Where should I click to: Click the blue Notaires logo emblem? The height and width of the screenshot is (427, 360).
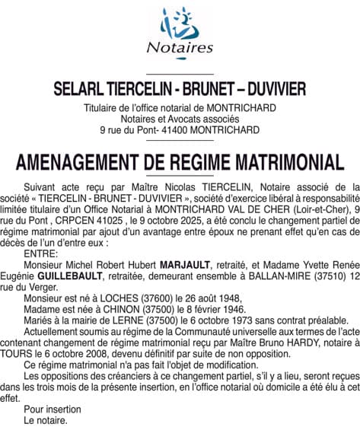pos(180,23)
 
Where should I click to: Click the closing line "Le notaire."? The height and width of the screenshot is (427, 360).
pos(46,419)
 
